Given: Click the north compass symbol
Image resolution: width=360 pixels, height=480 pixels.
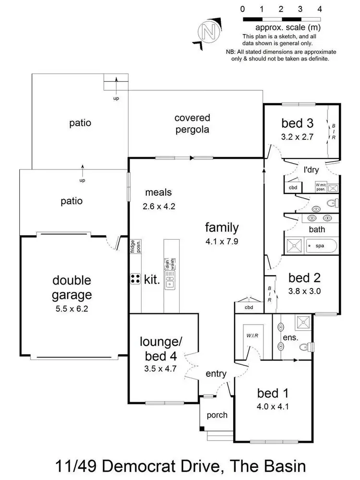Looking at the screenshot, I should coord(209,32).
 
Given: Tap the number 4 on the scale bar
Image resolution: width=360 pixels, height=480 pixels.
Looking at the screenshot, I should coord(320,9).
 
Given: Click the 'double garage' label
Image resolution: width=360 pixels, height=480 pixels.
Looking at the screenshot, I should coord(72,287).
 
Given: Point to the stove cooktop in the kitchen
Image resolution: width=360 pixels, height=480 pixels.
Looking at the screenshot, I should coord(135,279).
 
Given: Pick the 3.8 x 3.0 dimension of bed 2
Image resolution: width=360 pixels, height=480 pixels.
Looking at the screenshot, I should coord(305,290).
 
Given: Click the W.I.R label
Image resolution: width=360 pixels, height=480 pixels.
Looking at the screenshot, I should coord(252,335).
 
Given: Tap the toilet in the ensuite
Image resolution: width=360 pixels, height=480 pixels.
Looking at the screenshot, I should coord(306,347).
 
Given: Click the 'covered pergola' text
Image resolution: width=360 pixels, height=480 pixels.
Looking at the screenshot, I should coord(192,123).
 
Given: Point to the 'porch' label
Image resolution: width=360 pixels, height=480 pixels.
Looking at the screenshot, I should coord(216,415).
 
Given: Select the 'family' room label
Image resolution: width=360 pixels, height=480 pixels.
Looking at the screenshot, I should coord(222,227).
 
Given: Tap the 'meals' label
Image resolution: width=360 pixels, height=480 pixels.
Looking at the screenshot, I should coord(158,193).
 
